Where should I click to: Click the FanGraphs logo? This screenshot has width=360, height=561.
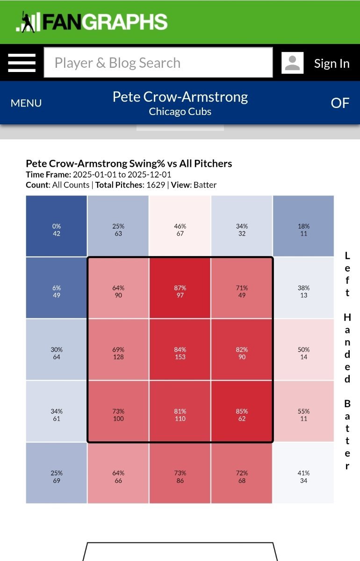click(x=92, y=22)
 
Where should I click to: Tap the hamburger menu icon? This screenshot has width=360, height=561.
click(x=22, y=63)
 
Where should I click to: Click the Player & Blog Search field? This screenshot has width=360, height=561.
click(x=158, y=63)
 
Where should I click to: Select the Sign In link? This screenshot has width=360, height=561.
click(x=331, y=64)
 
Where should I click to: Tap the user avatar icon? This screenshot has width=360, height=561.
click(x=292, y=63)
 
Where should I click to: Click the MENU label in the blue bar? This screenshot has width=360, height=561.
click(x=26, y=103)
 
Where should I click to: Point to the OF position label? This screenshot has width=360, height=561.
click(x=340, y=103)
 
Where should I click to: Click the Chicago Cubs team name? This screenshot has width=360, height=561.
click(x=180, y=112)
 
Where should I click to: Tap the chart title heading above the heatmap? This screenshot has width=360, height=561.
click(x=129, y=164)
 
